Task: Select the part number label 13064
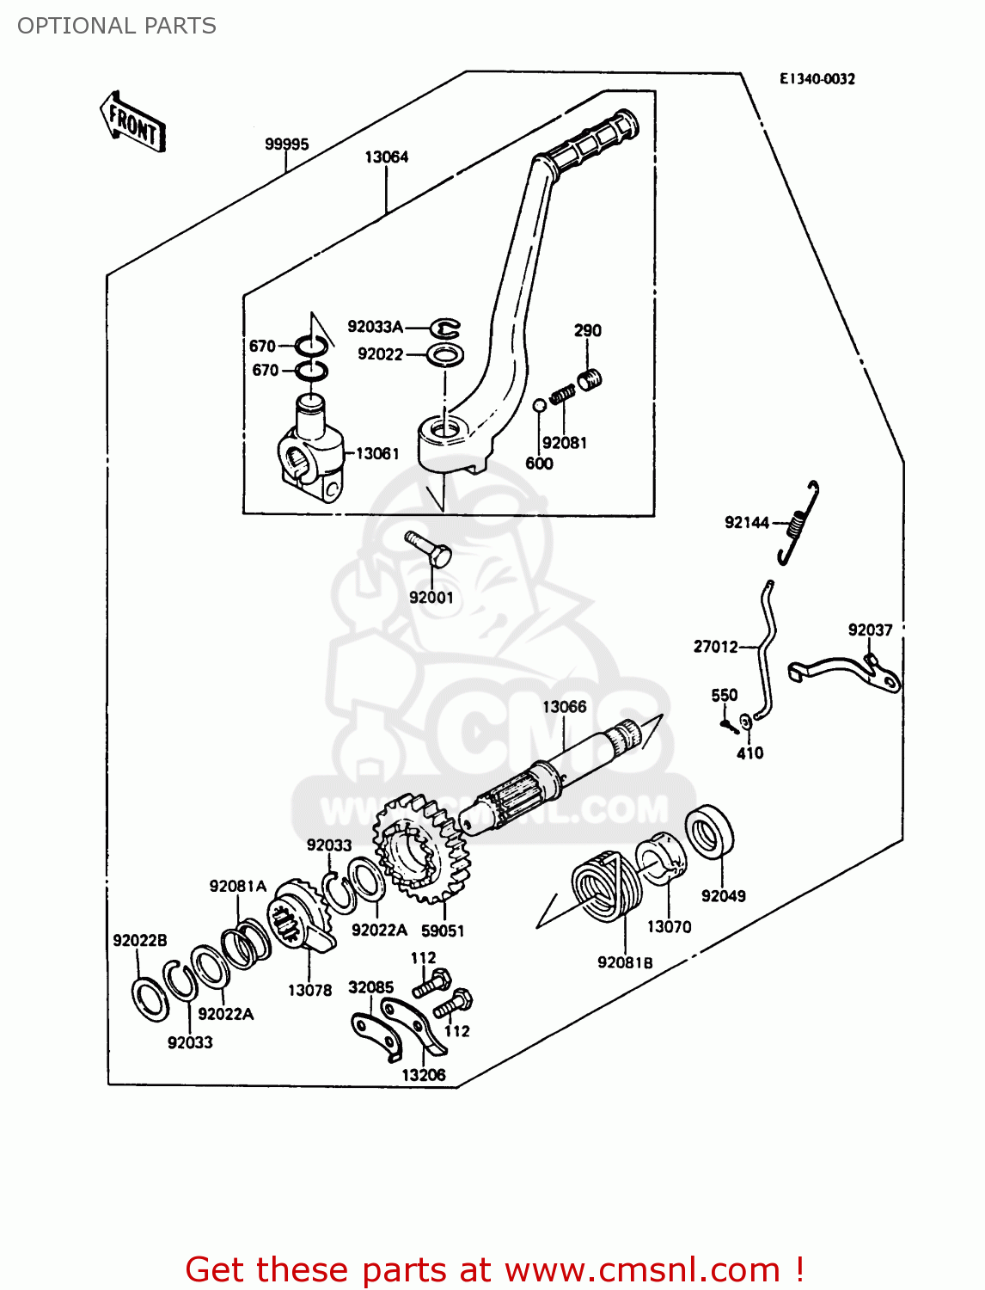386,157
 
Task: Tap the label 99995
286,144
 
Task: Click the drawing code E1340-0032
817,79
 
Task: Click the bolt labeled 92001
428,548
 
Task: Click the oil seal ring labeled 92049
710,832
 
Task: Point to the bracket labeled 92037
847,672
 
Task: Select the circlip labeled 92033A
445,328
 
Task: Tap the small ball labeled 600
539,405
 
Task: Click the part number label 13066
564,707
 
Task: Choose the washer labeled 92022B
150,998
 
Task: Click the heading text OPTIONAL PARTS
117,26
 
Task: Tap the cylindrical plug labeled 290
589,378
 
